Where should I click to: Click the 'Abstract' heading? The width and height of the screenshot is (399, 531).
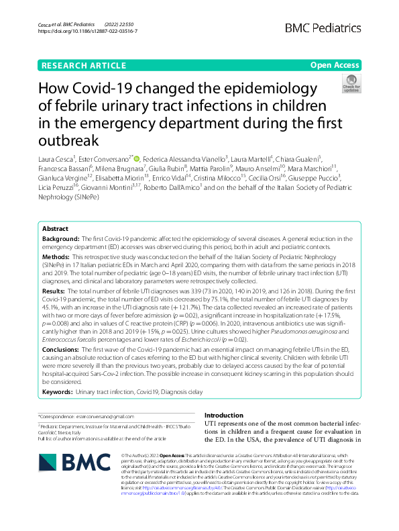55,228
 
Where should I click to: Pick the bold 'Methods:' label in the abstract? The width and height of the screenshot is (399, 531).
58,257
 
